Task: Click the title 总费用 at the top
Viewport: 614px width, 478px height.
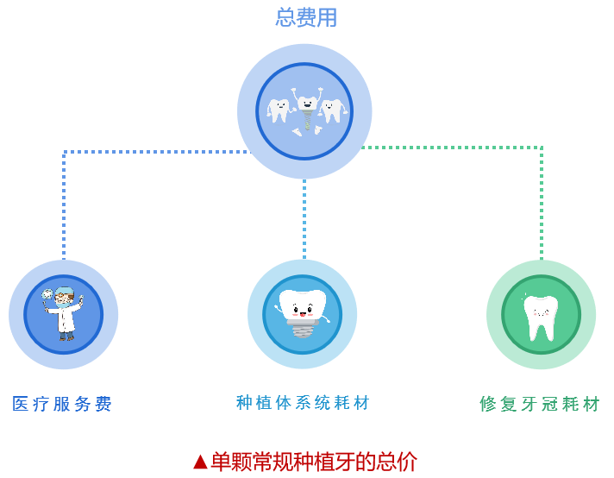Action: [306, 17]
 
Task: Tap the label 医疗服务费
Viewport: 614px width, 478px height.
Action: [62, 404]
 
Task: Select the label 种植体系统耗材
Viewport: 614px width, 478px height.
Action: [303, 403]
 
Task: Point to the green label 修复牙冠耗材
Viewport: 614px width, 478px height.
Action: [540, 404]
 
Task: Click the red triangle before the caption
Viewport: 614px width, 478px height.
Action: [200, 462]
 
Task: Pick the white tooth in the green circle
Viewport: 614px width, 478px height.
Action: [541, 316]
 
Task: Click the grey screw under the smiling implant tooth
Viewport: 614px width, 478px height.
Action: [303, 329]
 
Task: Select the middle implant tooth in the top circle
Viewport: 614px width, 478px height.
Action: [305, 112]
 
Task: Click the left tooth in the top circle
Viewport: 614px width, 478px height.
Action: [278, 110]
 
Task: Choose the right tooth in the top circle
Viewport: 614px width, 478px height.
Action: [332, 110]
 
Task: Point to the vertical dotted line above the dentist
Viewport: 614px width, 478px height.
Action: [64, 207]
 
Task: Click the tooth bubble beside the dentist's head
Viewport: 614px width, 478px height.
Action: [47, 295]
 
